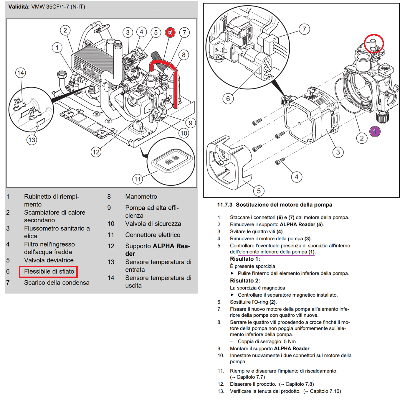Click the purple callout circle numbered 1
375,131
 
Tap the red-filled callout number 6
170,32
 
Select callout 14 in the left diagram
21,73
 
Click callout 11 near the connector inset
138,179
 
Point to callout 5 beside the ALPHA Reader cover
259,191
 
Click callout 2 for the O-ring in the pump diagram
362,138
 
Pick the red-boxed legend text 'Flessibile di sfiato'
49,272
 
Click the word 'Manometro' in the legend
141,197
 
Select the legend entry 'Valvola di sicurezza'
153,224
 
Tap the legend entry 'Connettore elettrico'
153,235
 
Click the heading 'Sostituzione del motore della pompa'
284,205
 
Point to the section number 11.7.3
225,205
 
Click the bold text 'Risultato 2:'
245,281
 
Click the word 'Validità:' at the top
19,6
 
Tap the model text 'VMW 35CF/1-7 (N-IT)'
58,6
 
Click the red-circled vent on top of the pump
373,43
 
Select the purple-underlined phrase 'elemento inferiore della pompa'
273,252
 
